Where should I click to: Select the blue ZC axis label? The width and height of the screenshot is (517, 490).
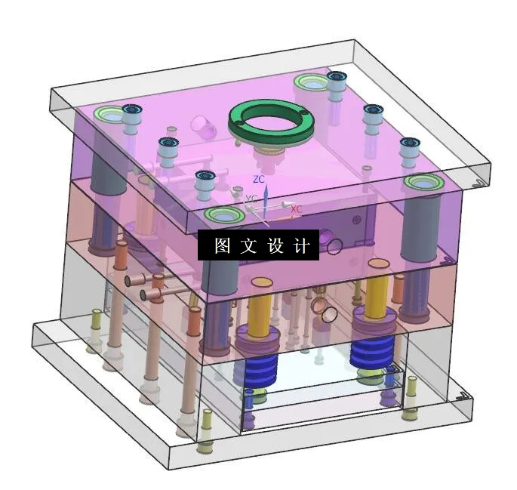259,180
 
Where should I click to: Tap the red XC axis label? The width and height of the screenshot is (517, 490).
297,208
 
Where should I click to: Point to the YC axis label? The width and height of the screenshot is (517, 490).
252,199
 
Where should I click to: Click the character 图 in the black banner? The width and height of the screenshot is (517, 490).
222,246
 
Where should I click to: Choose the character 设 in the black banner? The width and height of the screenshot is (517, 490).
275,246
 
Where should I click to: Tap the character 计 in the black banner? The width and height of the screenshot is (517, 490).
301,246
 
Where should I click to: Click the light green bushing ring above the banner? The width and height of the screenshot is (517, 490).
224,214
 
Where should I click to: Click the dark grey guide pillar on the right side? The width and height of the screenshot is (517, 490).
417,227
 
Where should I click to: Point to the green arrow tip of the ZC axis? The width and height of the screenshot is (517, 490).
264,190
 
